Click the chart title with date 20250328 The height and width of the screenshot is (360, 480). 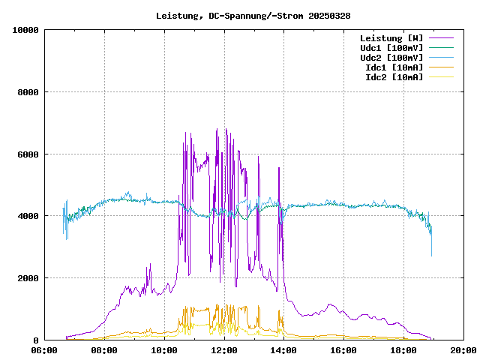[253, 16]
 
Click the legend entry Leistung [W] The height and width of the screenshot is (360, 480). [391, 38]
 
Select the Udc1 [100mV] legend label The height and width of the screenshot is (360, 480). [391, 48]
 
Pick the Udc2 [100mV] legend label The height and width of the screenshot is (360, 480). [391, 58]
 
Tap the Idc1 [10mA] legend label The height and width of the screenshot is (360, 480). [394, 67]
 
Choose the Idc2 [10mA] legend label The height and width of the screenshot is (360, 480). [394, 77]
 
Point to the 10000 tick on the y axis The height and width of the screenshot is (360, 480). [25, 30]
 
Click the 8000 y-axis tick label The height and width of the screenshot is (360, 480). [28, 92]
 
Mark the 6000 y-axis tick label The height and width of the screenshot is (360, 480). [28, 154]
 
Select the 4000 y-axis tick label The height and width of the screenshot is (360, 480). [28, 216]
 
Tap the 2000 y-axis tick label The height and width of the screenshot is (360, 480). [28, 278]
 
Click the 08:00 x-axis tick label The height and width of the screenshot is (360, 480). [104, 350]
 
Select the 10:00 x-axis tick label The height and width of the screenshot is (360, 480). [164, 350]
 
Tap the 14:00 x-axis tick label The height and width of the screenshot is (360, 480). [284, 350]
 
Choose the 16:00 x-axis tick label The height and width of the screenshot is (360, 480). [344, 350]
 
